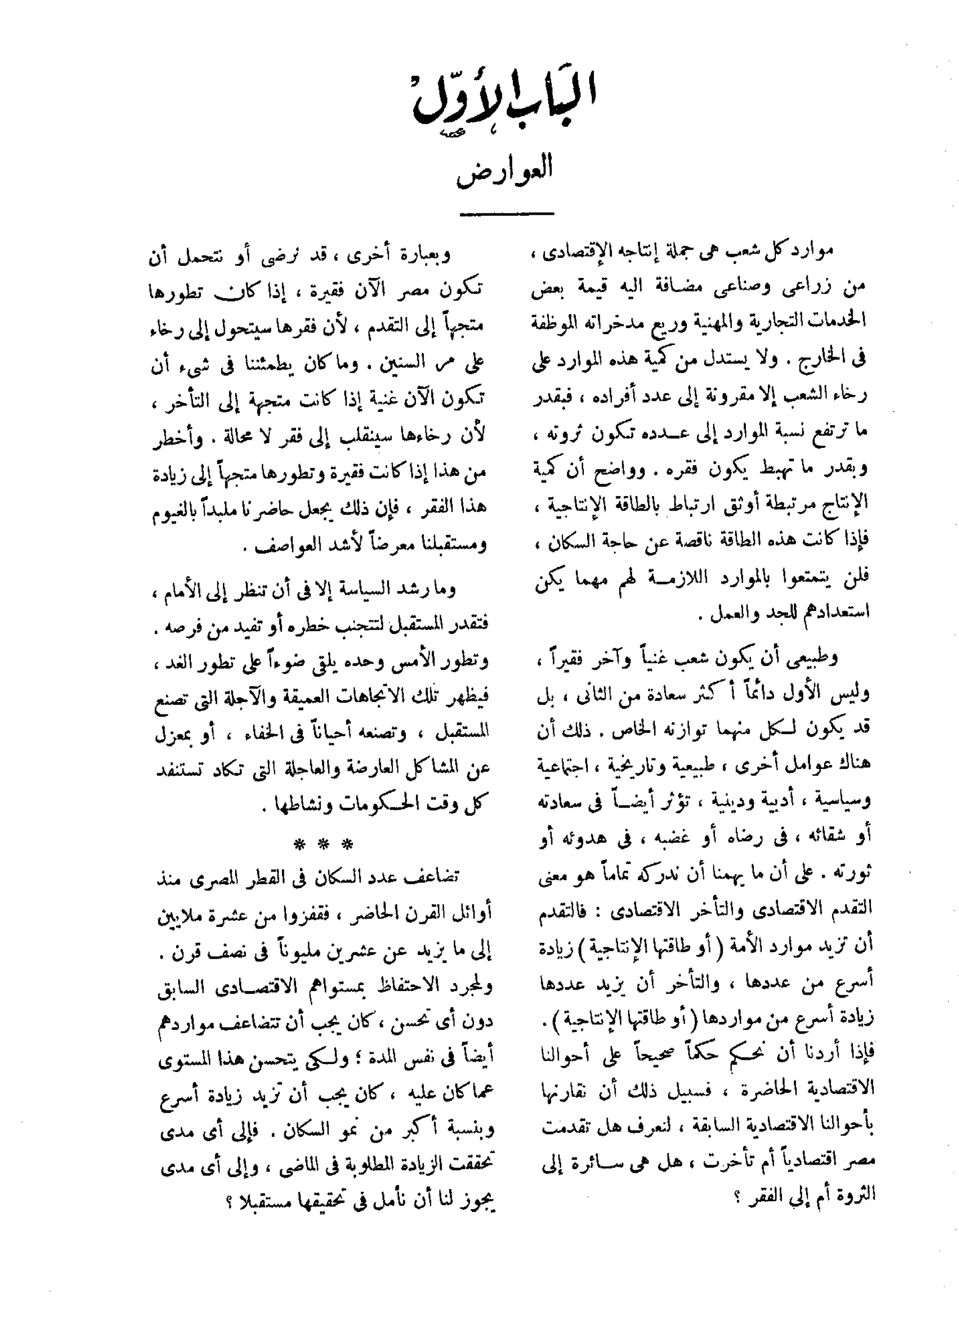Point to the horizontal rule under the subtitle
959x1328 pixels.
point(506,214)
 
